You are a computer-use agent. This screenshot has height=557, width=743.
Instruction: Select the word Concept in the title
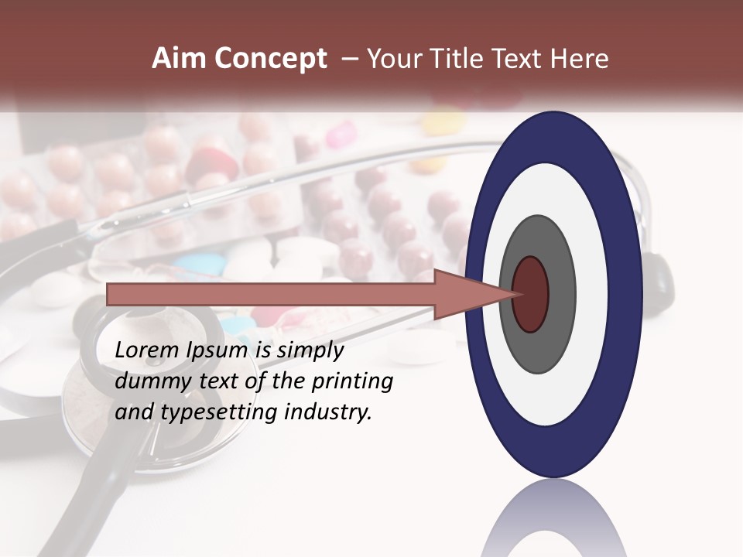[x=270, y=60]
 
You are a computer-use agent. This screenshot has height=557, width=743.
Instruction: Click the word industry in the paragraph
[x=328, y=412]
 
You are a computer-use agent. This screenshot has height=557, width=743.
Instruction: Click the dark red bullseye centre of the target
[x=531, y=294]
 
